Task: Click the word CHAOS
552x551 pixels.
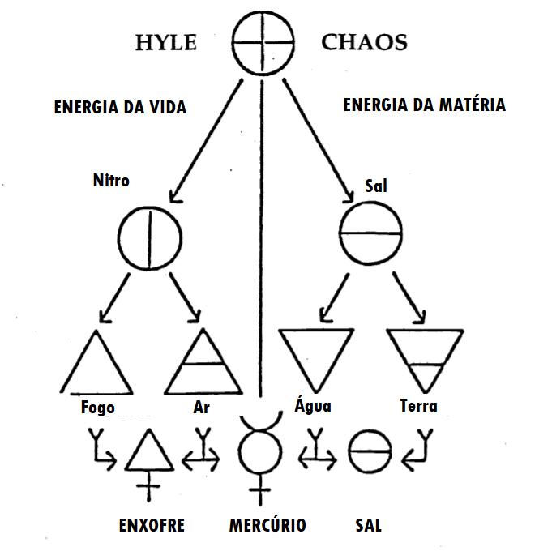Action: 364,42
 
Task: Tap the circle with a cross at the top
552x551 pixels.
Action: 261,42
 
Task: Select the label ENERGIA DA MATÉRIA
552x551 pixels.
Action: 424,105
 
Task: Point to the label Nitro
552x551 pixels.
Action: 111,180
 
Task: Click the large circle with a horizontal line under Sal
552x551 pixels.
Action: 369,233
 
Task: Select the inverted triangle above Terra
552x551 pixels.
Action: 421,357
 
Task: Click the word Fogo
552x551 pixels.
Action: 98,407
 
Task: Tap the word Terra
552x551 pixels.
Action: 419,405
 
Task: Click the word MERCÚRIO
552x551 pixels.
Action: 267,525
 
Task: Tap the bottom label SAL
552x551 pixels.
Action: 368,525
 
